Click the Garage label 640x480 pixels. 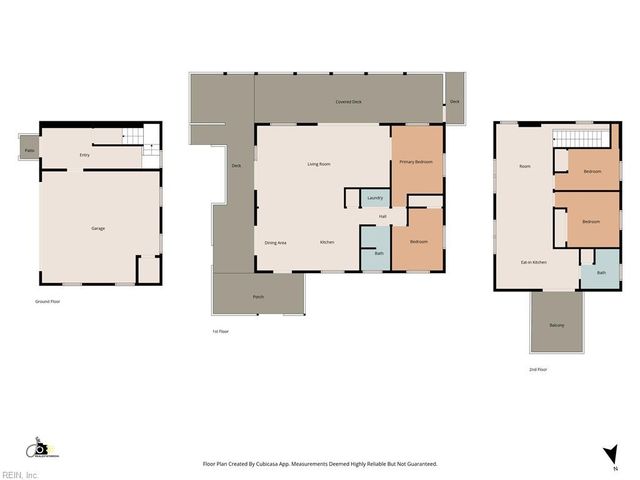(x=98, y=228)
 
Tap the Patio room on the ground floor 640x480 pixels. (x=29, y=150)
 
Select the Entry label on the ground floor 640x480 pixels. (x=84, y=155)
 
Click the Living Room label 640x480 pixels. (x=319, y=163)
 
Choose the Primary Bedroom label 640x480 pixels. (x=415, y=161)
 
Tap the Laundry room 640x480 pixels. (x=375, y=198)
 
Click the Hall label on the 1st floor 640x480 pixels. (x=382, y=216)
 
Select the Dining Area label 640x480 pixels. (x=276, y=243)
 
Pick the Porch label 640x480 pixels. (x=258, y=297)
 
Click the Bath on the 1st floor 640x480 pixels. (x=378, y=253)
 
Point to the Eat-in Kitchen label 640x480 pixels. (x=533, y=262)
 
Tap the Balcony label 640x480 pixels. (x=556, y=325)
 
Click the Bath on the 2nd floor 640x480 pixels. (x=601, y=273)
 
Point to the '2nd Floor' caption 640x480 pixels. (x=538, y=369)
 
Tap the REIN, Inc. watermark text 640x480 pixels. (x=20, y=475)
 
